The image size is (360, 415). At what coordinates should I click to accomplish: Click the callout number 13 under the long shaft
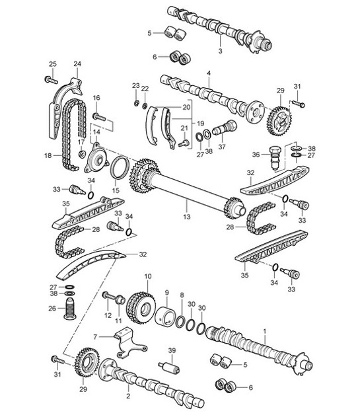click(x=187, y=216)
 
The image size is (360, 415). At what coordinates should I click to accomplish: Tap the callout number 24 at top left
click(x=77, y=64)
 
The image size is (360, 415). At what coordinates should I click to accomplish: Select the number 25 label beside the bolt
click(x=53, y=64)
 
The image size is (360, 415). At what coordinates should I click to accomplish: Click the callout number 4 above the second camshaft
click(x=209, y=73)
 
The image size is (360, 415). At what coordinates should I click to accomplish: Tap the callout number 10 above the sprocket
click(x=147, y=276)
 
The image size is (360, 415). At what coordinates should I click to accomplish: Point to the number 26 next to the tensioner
click(x=53, y=307)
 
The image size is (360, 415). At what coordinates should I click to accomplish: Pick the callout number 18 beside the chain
click(x=47, y=157)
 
